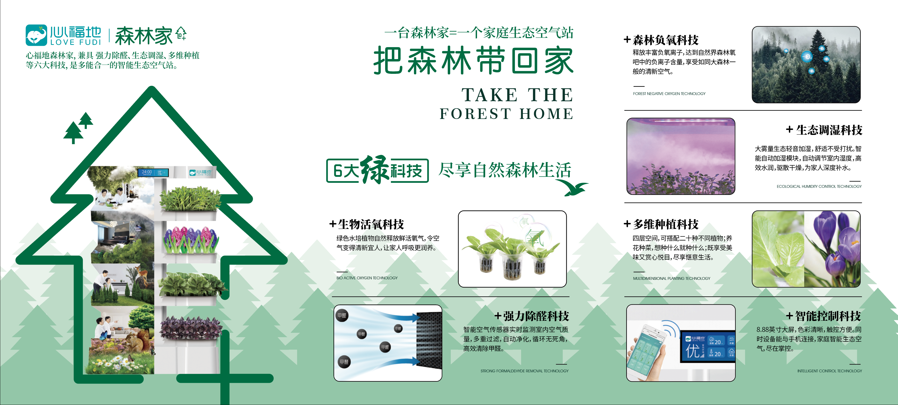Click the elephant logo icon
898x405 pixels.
tap(36, 35)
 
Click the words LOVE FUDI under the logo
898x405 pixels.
tap(76, 42)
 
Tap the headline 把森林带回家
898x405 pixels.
tap(473, 61)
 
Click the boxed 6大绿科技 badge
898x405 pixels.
tap(377, 170)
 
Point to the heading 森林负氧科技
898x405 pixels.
tap(665, 40)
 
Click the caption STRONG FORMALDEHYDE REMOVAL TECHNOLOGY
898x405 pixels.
tap(524, 371)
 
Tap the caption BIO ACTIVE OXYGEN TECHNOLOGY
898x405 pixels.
tap(367, 278)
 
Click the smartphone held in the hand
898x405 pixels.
tap(647, 349)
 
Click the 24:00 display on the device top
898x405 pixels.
tap(147, 172)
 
